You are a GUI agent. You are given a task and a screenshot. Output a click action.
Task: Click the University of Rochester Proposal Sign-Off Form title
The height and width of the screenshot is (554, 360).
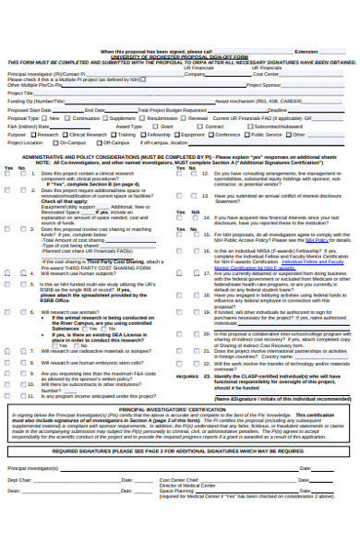[180, 57]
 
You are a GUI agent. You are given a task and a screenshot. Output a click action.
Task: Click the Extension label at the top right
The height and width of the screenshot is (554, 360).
[306, 52]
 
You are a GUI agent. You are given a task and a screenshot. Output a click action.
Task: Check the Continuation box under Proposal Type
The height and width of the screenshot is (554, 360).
[68, 118]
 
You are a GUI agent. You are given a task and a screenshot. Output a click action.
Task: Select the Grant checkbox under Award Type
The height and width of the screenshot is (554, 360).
[156, 126]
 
